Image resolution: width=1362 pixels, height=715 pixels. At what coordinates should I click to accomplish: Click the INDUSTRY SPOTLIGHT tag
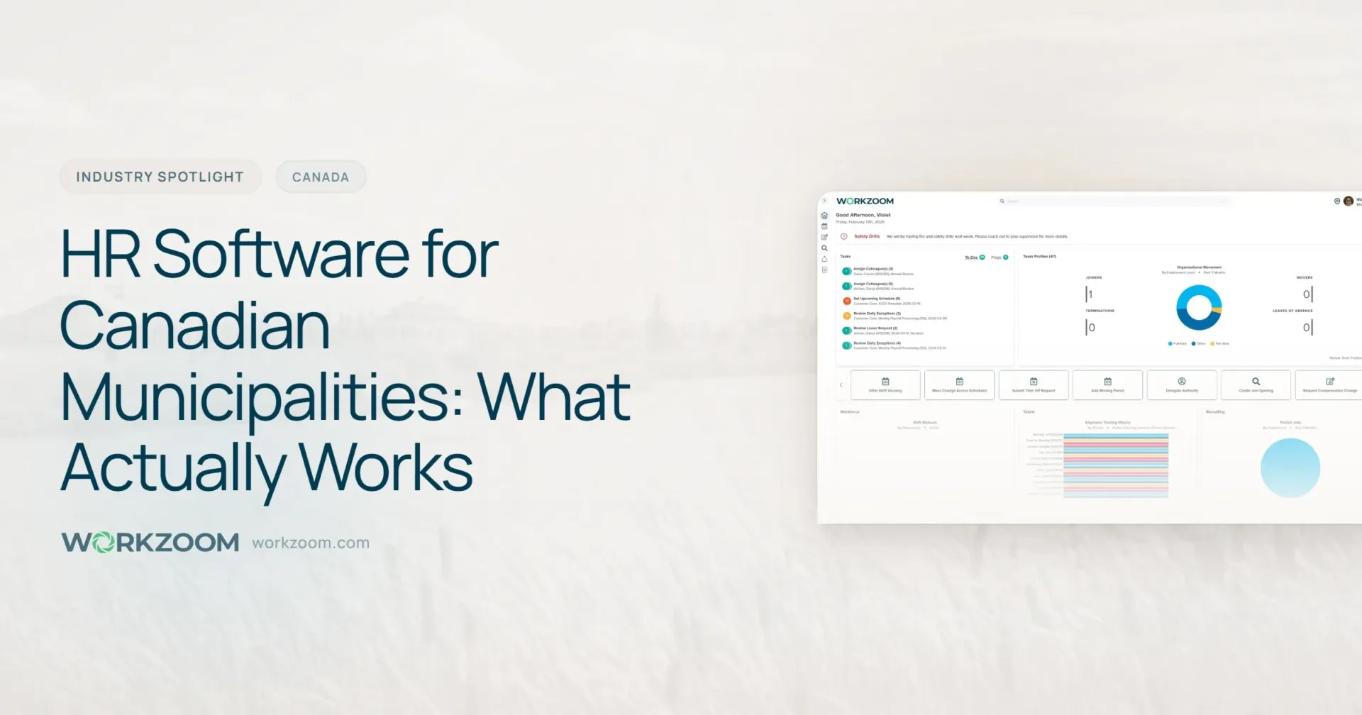160,177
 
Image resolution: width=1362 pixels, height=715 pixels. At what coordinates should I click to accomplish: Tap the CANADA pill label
321,177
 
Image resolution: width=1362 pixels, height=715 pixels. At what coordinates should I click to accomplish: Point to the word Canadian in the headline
195,326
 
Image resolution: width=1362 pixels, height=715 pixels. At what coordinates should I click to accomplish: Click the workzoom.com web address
311,543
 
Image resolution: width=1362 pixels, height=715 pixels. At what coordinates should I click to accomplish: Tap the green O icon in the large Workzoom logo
104,543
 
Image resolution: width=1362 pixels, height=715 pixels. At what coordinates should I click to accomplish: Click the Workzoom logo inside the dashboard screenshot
865,201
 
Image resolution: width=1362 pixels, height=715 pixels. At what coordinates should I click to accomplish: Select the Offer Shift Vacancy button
885,384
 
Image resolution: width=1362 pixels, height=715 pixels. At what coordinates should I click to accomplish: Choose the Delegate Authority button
1182,384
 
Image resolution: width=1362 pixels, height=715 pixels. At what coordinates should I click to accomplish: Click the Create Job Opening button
1256,384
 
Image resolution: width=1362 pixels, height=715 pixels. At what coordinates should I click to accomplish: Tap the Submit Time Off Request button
1034,384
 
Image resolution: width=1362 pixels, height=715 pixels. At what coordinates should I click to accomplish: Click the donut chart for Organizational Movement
1199,308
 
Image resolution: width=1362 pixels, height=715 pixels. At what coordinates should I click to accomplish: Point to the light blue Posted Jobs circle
1290,467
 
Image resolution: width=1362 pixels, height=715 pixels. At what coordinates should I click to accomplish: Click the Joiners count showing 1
1090,294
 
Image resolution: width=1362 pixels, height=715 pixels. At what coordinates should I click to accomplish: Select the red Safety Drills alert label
866,236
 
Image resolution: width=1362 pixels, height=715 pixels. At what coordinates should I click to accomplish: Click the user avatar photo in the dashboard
1349,201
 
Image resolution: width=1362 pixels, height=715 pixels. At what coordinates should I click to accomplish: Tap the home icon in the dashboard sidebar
824,216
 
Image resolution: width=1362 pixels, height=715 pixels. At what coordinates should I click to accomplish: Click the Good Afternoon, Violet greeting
863,215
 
